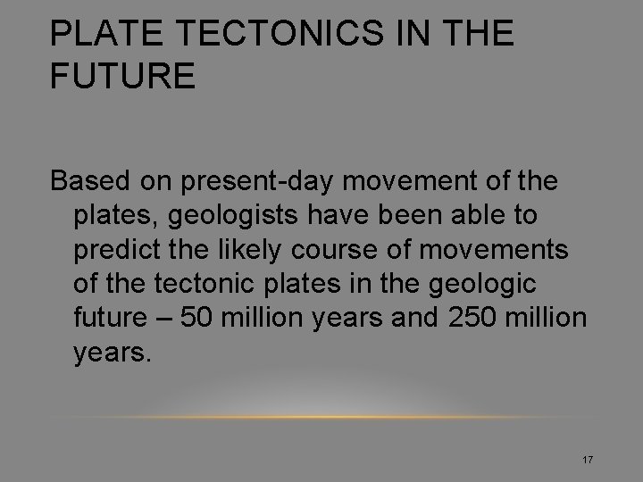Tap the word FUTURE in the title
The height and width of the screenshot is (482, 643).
(x=122, y=76)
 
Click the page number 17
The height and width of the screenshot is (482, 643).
(x=588, y=460)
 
